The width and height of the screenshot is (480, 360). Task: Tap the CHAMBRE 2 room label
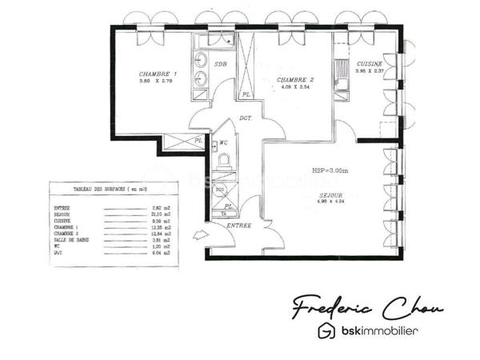(294, 80)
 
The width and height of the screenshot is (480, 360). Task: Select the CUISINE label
(370, 63)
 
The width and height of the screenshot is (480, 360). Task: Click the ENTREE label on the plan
(239, 226)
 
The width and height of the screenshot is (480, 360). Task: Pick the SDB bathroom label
(221, 64)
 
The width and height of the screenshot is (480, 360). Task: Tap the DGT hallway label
(246, 119)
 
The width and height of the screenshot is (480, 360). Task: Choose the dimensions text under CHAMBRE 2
(294, 87)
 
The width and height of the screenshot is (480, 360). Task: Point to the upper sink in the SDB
(201, 61)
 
